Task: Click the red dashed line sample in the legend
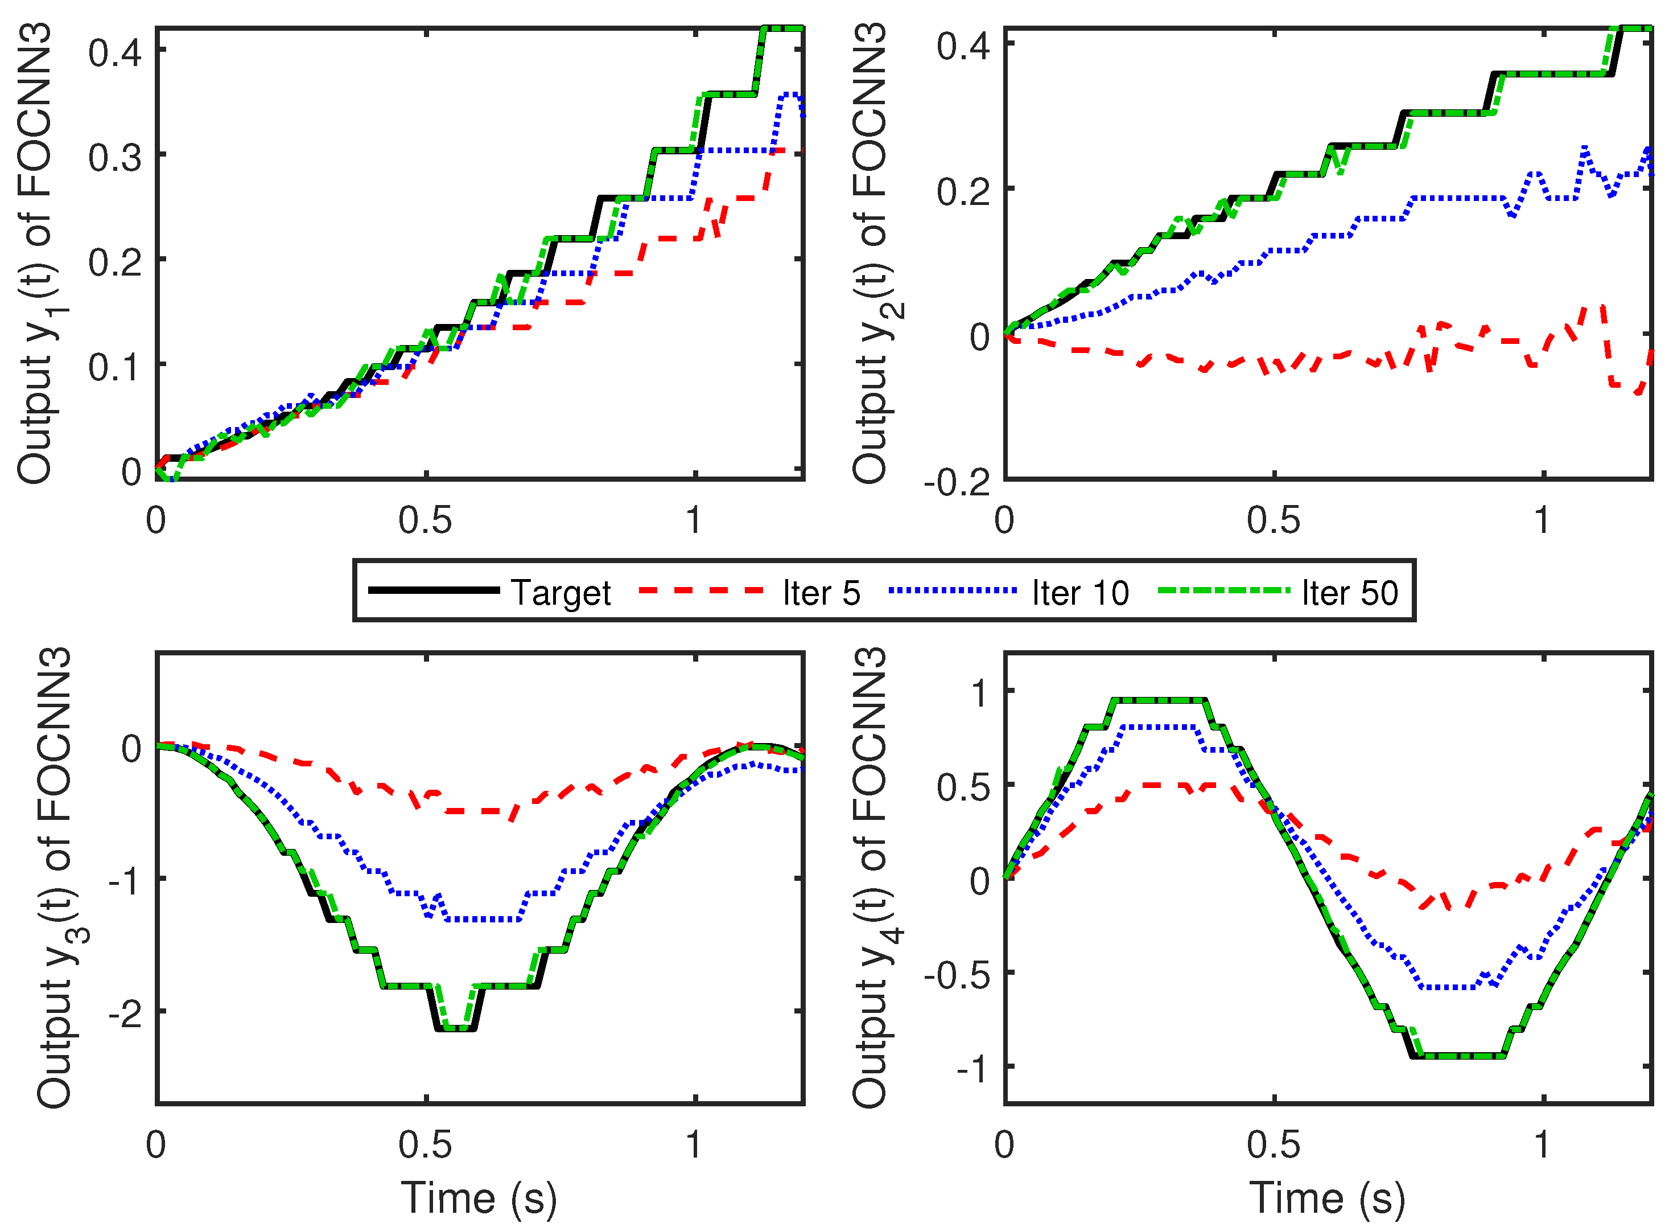(x=702, y=591)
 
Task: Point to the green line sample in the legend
(x=1223, y=591)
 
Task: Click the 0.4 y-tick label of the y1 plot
(x=116, y=53)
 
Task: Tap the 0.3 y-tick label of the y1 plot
(x=116, y=158)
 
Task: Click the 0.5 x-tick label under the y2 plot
(x=1274, y=520)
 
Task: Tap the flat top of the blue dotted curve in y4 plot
(x=1159, y=727)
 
